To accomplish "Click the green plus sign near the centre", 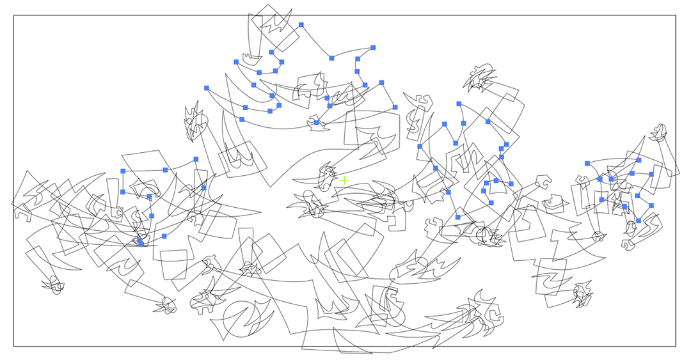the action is coord(344,181).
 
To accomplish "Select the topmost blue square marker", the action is coord(301,25).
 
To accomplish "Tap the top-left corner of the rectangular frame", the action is coord(14,16).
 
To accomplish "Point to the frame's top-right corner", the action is coord(676,16).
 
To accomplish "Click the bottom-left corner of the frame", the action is coord(14,347).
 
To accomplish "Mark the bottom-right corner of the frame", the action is coord(676,347).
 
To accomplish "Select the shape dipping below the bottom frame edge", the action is coord(336,342).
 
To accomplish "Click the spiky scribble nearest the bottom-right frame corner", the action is coord(583,294).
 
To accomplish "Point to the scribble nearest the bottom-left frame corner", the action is coord(53,284).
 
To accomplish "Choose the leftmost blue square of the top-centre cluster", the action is coord(207,88).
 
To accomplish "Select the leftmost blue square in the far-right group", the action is coord(587,164).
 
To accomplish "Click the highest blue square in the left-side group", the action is coord(196,159).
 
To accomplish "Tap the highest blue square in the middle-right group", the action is coord(459,104).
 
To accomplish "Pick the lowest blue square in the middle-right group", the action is coord(458,217).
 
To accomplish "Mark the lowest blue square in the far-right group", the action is coord(639,221).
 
